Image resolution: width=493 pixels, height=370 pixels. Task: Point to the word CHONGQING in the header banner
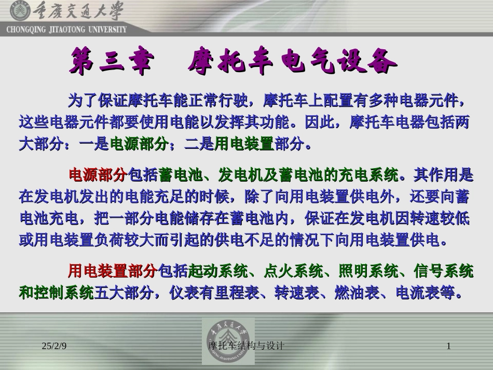(x=24, y=30)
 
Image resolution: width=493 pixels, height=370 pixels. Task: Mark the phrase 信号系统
(x=444, y=271)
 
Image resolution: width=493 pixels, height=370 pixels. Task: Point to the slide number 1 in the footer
(x=448, y=346)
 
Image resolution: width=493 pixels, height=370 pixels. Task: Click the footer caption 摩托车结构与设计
(x=246, y=346)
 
